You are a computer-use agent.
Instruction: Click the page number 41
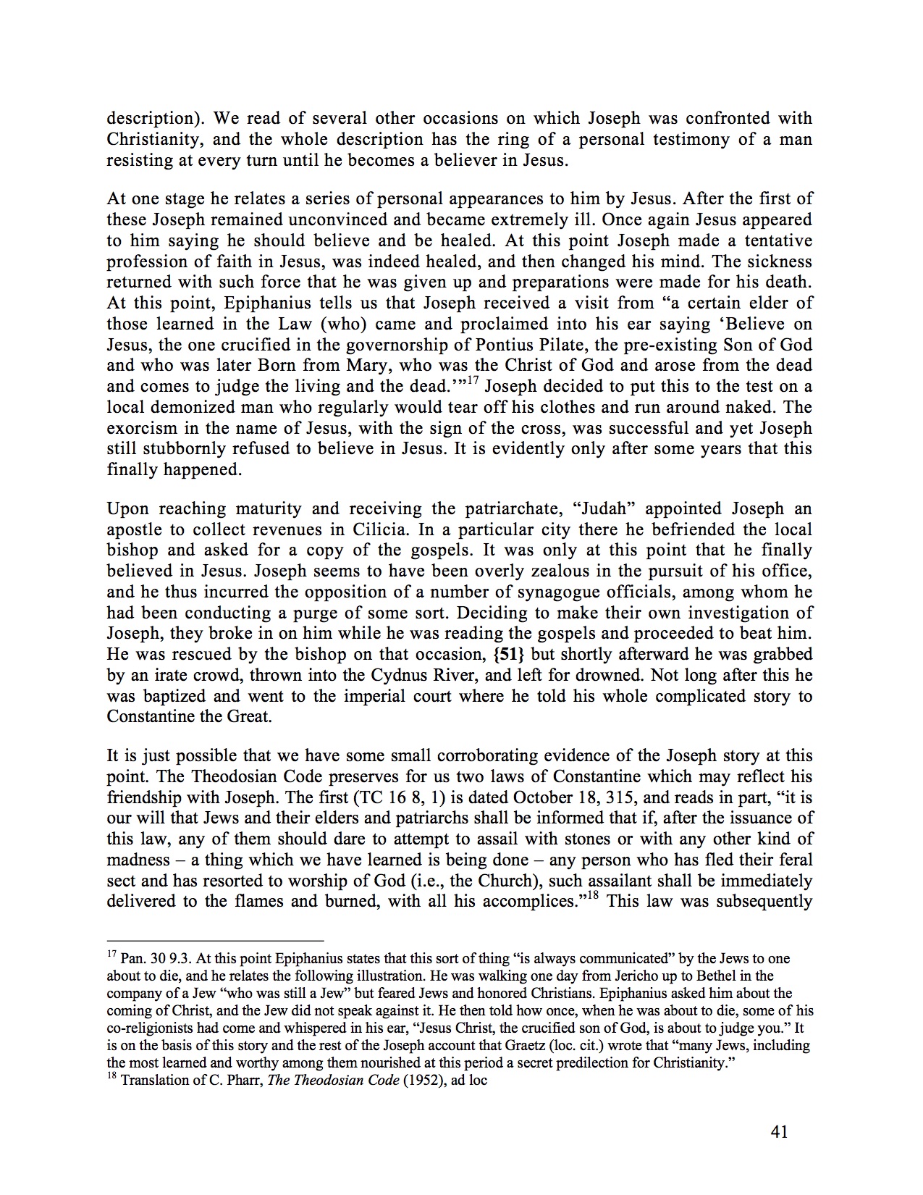pos(779,1132)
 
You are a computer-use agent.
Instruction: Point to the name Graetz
pos(565,1046)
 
